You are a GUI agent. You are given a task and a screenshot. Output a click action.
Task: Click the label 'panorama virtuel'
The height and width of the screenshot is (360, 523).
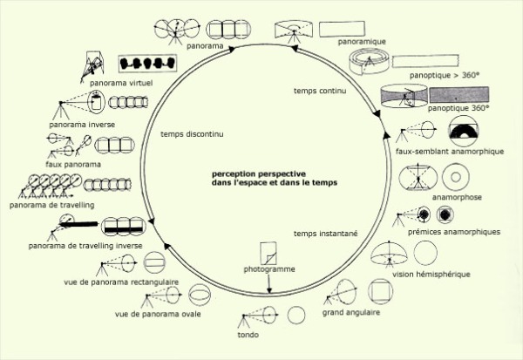[x=121, y=83]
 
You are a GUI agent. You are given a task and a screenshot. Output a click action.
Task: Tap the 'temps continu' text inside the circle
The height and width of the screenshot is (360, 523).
[x=320, y=91]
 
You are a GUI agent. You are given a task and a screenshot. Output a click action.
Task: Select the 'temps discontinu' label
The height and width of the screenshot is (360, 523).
[x=192, y=134]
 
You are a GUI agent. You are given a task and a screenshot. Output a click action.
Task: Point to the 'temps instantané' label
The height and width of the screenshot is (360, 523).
[x=325, y=234]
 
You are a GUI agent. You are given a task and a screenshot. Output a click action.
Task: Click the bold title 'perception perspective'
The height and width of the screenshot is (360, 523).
[x=259, y=173]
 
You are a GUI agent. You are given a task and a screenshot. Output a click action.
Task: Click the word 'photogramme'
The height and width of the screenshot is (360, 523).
[x=269, y=269]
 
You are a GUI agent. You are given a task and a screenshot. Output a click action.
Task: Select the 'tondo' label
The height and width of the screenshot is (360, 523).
[x=248, y=335]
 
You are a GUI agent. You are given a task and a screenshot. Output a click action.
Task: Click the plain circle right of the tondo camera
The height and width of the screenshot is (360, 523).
[x=296, y=315]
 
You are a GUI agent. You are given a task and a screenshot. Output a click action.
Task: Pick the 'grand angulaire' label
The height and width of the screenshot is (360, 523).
[x=351, y=313]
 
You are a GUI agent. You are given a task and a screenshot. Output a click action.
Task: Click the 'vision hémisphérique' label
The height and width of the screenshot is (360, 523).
[x=431, y=275]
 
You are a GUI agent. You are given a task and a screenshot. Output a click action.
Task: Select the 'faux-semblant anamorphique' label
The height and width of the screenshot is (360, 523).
[x=450, y=152]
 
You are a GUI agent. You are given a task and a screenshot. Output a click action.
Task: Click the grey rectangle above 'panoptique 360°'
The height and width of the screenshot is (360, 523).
[x=459, y=95]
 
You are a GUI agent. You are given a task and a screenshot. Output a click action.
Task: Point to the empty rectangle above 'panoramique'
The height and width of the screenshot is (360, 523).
[x=342, y=29]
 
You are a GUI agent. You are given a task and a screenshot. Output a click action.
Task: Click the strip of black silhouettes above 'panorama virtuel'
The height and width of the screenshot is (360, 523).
[x=147, y=64]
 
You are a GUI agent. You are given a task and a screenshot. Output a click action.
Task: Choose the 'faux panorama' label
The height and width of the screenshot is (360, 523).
[x=73, y=165]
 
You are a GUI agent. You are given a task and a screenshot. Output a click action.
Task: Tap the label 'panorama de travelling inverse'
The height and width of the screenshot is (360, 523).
[x=85, y=246]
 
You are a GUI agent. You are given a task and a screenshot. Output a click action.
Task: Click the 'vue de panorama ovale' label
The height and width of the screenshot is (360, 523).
[x=158, y=314]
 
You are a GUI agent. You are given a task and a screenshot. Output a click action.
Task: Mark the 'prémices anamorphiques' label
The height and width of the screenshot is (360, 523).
[x=454, y=232]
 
